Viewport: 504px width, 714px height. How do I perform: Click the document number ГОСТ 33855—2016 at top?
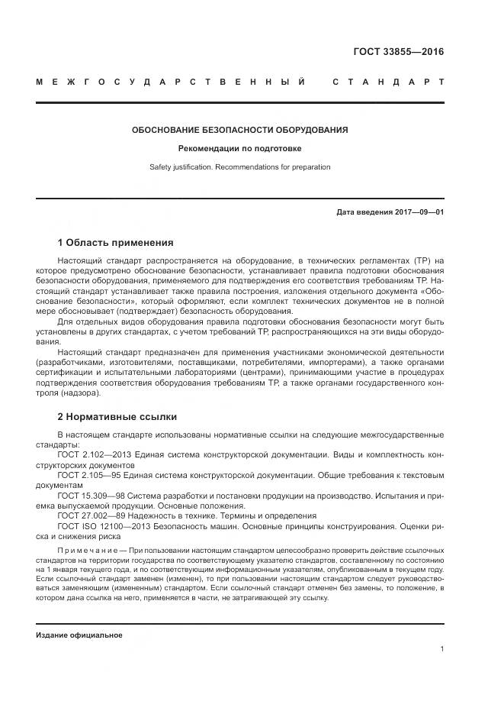(x=398, y=52)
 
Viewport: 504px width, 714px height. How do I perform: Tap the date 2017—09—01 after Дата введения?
(x=419, y=212)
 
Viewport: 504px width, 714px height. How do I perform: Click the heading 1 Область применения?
(x=115, y=243)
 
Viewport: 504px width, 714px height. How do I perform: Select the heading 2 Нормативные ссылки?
(x=117, y=417)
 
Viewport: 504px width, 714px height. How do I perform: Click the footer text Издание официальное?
(x=79, y=635)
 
